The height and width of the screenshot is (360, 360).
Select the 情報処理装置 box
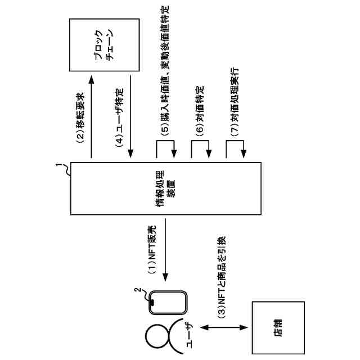(165, 188)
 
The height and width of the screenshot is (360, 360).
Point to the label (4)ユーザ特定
(119, 118)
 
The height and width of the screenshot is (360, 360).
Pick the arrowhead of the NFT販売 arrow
(165, 277)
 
